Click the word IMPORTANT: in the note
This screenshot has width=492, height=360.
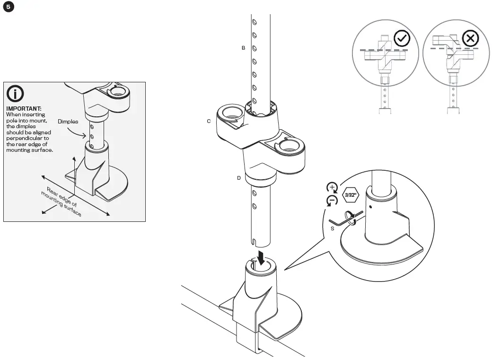[x=24, y=109]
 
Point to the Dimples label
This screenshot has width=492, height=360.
[x=68, y=122]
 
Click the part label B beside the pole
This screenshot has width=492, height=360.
[x=243, y=48]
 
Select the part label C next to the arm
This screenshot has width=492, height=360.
[x=209, y=121]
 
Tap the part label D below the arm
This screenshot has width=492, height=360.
[x=239, y=178]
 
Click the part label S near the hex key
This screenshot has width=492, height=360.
[x=333, y=228]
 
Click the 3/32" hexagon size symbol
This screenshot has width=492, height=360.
[x=351, y=194]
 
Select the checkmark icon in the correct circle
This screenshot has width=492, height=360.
[x=402, y=39]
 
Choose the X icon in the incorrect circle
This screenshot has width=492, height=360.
[x=470, y=39]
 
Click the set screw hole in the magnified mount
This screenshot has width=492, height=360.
[x=370, y=206]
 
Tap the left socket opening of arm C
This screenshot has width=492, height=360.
[x=230, y=113]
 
